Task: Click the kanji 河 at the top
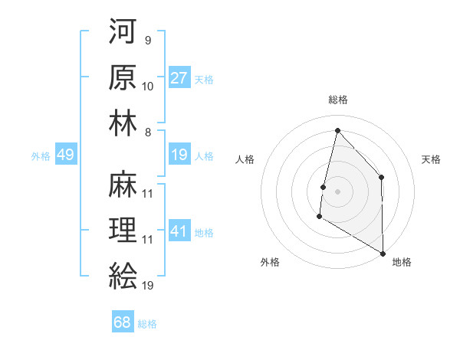123,33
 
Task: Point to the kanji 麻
123,185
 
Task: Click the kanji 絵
123,274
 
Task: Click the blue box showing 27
179,78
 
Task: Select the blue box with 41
179,231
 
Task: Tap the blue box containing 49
65,155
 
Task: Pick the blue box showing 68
123,322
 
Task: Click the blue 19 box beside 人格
179,155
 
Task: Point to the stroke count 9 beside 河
147,41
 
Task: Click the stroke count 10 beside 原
148,86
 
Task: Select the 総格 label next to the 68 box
147,324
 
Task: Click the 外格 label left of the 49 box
41,156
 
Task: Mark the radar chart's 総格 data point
337,130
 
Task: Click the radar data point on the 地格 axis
382,253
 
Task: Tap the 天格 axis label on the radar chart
431,159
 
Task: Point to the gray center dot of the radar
337,191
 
